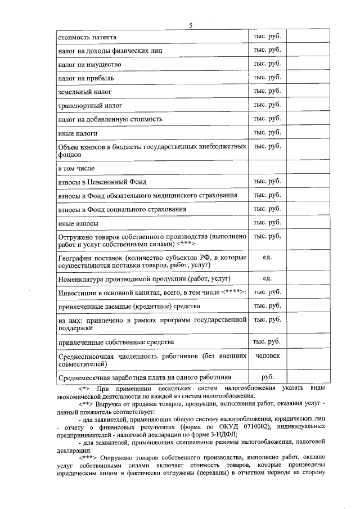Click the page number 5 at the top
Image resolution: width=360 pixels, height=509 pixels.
[x=191, y=25]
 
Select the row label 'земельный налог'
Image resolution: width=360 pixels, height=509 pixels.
[x=85, y=91]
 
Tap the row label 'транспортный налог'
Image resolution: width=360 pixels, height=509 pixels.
[x=90, y=105]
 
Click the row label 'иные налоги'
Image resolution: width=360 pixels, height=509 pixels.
[x=78, y=133]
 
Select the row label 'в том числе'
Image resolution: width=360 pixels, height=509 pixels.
[x=76, y=168]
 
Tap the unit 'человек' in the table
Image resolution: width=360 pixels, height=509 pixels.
[x=267, y=356]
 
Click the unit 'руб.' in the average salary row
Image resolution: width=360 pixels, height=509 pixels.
[x=267, y=377]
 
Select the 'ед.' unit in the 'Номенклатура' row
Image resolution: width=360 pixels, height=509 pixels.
[x=267, y=278]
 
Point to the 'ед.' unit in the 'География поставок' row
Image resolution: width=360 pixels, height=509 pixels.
[x=267, y=258]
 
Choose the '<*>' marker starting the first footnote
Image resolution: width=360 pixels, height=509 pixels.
[x=84, y=389]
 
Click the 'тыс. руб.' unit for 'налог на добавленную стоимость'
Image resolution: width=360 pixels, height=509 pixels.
[x=267, y=119]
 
